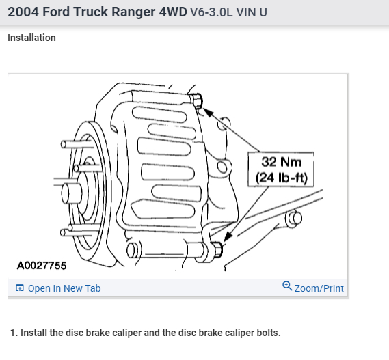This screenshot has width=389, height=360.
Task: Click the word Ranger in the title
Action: click(x=133, y=12)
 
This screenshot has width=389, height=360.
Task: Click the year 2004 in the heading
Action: click(x=23, y=12)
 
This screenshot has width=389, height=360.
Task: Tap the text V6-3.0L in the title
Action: click(x=211, y=12)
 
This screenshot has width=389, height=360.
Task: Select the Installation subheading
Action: click(x=31, y=38)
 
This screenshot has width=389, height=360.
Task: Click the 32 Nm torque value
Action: click(x=282, y=162)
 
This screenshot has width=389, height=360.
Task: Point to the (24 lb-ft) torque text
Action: click(x=282, y=178)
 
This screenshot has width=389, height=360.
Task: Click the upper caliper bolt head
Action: click(x=196, y=101)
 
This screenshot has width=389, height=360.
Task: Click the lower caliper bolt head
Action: click(x=217, y=249)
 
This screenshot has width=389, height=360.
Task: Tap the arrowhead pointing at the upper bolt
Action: click(x=208, y=112)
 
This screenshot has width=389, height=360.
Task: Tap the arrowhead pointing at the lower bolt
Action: click(x=228, y=236)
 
